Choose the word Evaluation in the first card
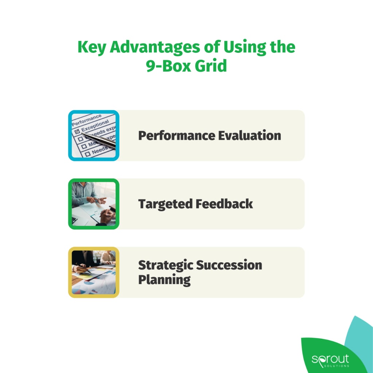click(x=250, y=136)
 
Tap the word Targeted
click(x=165, y=204)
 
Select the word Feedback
click(x=224, y=204)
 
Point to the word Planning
click(x=164, y=280)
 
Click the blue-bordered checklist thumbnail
click(x=94, y=136)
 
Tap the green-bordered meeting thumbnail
click(x=94, y=204)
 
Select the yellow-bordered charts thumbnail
click(x=94, y=272)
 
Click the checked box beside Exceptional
click(x=77, y=130)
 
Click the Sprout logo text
click(x=330, y=359)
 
